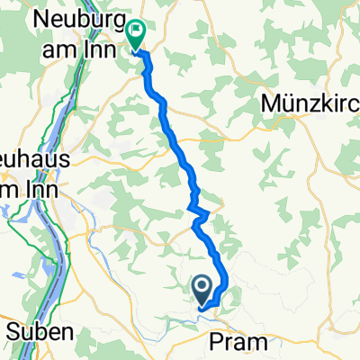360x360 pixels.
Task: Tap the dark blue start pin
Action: pyautogui.click(x=203, y=290)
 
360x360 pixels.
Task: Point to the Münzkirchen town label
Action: pyautogui.click(x=311, y=104)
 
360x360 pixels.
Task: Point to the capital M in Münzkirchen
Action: pyautogui.click(x=271, y=104)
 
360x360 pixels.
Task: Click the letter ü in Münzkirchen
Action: pyautogui.click(x=288, y=104)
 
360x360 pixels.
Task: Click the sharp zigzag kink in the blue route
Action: pyautogui.click(x=200, y=212)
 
